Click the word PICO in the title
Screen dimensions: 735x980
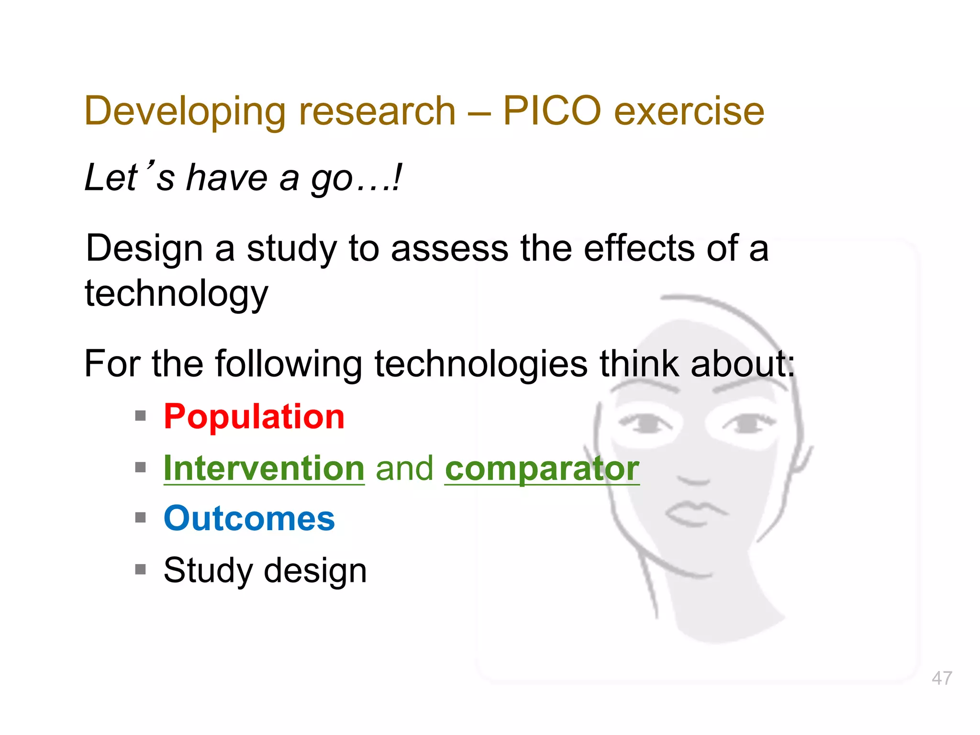coord(551,111)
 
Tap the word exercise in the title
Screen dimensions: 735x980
coord(689,111)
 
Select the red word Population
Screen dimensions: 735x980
coord(254,416)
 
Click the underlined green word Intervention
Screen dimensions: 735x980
coord(264,468)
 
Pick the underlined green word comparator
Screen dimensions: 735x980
coord(542,468)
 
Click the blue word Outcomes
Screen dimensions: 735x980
coord(249,519)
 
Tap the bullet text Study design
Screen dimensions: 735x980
coord(265,570)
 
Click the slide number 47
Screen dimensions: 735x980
coord(942,678)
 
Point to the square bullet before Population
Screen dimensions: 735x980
coord(140,416)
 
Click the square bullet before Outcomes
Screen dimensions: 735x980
coord(140,518)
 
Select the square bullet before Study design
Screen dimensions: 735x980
coord(140,569)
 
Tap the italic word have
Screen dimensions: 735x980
coord(227,178)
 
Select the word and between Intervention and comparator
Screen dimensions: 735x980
coord(405,468)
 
